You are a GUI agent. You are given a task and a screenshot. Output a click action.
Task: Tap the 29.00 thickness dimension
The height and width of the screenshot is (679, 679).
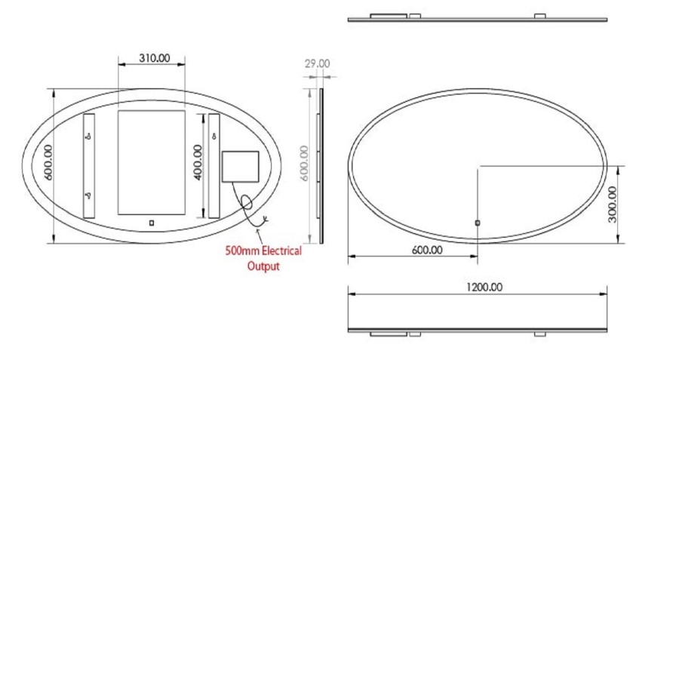point(317,64)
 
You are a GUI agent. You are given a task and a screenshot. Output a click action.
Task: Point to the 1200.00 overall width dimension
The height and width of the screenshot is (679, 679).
point(484,287)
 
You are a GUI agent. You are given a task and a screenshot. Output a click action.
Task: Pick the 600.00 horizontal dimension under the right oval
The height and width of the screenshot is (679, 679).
point(427,250)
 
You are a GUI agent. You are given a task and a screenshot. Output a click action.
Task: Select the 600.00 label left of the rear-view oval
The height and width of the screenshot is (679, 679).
point(48,164)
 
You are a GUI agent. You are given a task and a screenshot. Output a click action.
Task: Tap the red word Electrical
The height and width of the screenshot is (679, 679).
point(276,251)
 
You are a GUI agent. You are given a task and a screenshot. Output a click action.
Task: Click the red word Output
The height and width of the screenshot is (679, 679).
point(263,266)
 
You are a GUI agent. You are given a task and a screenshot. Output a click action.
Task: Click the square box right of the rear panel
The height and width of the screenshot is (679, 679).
point(241,167)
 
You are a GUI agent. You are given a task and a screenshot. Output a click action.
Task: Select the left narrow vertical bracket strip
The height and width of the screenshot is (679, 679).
point(89,166)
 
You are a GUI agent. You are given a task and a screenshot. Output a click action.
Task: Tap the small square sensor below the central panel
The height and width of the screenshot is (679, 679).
point(152,223)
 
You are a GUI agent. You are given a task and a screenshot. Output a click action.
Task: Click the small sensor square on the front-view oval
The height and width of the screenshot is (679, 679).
point(478,223)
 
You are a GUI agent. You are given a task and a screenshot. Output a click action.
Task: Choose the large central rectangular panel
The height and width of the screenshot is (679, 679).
point(152,162)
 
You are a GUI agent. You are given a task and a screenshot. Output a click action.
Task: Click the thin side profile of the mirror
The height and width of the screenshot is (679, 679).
point(321,165)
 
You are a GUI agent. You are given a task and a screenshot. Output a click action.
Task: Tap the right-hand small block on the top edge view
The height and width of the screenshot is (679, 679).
point(539,16)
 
